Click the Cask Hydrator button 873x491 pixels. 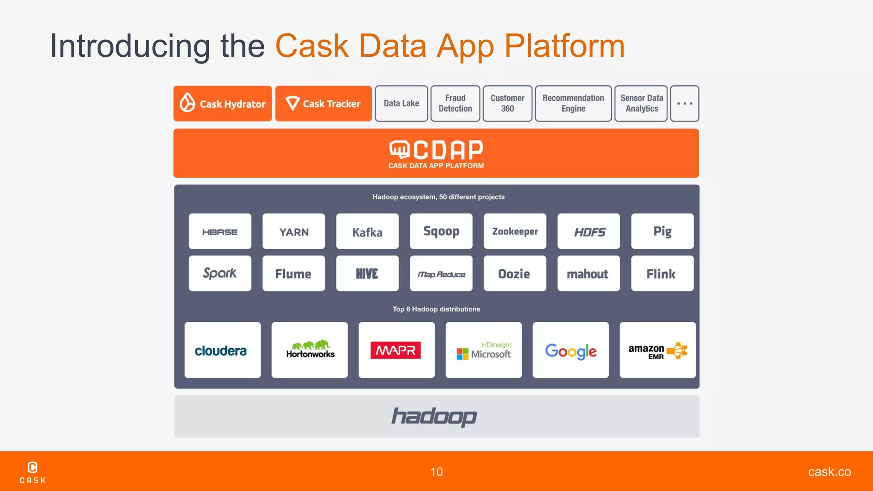point(223,104)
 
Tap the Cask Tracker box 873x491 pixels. point(324,104)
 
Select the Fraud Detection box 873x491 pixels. point(455,104)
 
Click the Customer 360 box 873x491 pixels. point(507,104)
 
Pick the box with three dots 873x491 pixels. point(685,104)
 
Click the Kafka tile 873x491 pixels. point(367,231)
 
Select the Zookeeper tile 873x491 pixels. point(515,231)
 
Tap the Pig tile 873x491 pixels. point(662,231)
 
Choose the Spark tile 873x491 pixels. point(220,273)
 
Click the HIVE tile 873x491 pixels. point(367,273)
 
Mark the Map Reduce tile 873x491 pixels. point(441,273)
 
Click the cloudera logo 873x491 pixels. point(221,351)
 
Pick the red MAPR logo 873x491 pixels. point(396,350)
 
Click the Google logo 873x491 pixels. point(571,351)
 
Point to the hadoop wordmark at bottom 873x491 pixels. point(434,416)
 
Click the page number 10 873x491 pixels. point(436,472)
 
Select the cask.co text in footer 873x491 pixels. point(829,472)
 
